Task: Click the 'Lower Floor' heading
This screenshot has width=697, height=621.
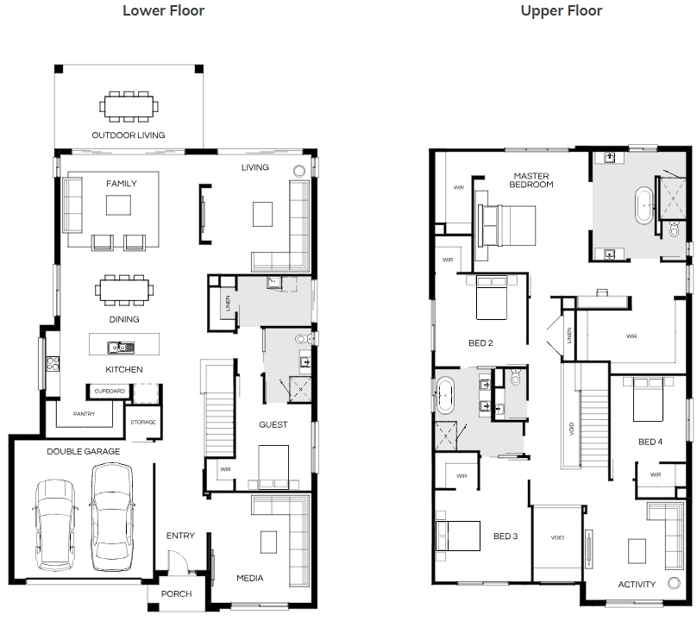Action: [163, 10]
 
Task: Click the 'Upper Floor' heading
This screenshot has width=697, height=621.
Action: [561, 10]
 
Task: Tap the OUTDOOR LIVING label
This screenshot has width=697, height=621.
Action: [128, 135]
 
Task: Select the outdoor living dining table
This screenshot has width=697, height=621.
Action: [129, 107]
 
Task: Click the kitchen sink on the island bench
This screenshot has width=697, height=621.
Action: [121, 348]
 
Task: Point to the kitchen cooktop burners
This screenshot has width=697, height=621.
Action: [53, 363]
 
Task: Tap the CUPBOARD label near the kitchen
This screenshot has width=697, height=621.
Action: [110, 392]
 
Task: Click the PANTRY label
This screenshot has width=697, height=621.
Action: [84, 414]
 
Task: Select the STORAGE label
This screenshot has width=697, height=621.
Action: [143, 422]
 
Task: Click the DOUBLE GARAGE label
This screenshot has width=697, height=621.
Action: [83, 452]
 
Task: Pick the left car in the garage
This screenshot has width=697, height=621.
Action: [55, 524]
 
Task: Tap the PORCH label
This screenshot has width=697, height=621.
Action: [177, 594]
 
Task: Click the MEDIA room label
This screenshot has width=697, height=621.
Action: [250, 578]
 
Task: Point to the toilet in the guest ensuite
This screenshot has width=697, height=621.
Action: [302, 339]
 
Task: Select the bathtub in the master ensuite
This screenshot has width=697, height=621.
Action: [644, 205]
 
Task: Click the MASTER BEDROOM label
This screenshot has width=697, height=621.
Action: [531, 180]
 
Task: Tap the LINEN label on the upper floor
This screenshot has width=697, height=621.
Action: [569, 336]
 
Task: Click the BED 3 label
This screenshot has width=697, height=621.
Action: [505, 536]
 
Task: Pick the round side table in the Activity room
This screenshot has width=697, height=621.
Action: [674, 583]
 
